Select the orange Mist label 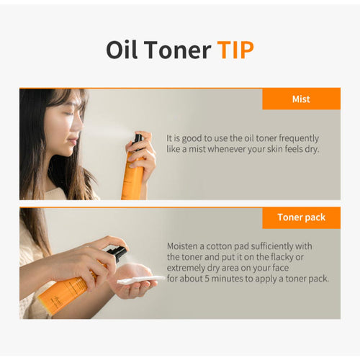[301, 99]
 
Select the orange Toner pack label [301, 217]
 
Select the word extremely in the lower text [189, 267]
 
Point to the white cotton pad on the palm [131, 279]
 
